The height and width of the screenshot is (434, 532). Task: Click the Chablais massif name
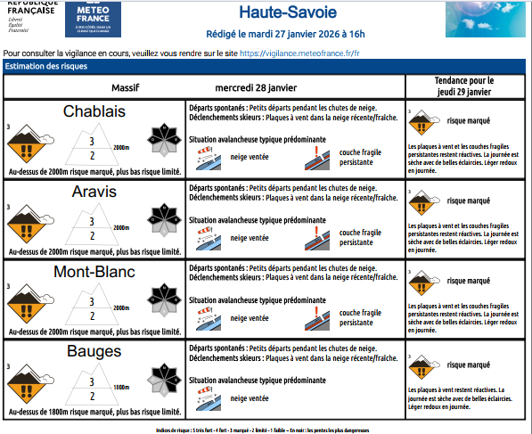pyautogui.click(x=94, y=111)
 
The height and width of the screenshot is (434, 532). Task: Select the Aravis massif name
pyautogui.click(x=94, y=192)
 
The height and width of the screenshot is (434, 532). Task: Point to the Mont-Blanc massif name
pyautogui.click(x=94, y=272)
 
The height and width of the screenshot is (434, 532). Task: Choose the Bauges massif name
pyautogui.click(x=94, y=352)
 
